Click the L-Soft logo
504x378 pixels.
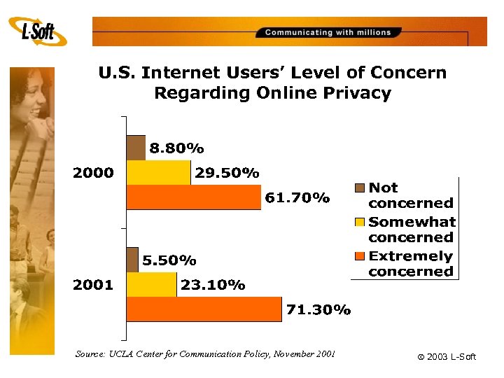click(38, 31)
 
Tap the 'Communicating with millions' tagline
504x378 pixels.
click(328, 32)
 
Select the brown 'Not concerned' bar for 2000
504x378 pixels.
click(136, 147)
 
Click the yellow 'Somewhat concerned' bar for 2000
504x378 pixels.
click(158, 172)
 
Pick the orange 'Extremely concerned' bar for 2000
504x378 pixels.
click(194, 197)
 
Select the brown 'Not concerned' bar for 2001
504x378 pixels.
click(132, 260)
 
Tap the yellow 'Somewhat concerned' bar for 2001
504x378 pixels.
click(152, 284)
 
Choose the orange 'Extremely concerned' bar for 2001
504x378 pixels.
click(204, 309)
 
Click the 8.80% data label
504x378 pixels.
click(176, 148)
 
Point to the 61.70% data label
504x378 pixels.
click(297, 198)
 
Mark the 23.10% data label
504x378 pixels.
click(213, 285)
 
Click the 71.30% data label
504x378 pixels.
click(318, 310)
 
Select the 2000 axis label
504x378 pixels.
click(94, 173)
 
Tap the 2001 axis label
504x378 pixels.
click(94, 285)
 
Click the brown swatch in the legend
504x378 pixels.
click(360, 188)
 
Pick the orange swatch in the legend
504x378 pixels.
click(360, 255)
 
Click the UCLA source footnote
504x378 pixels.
click(205, 354)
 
